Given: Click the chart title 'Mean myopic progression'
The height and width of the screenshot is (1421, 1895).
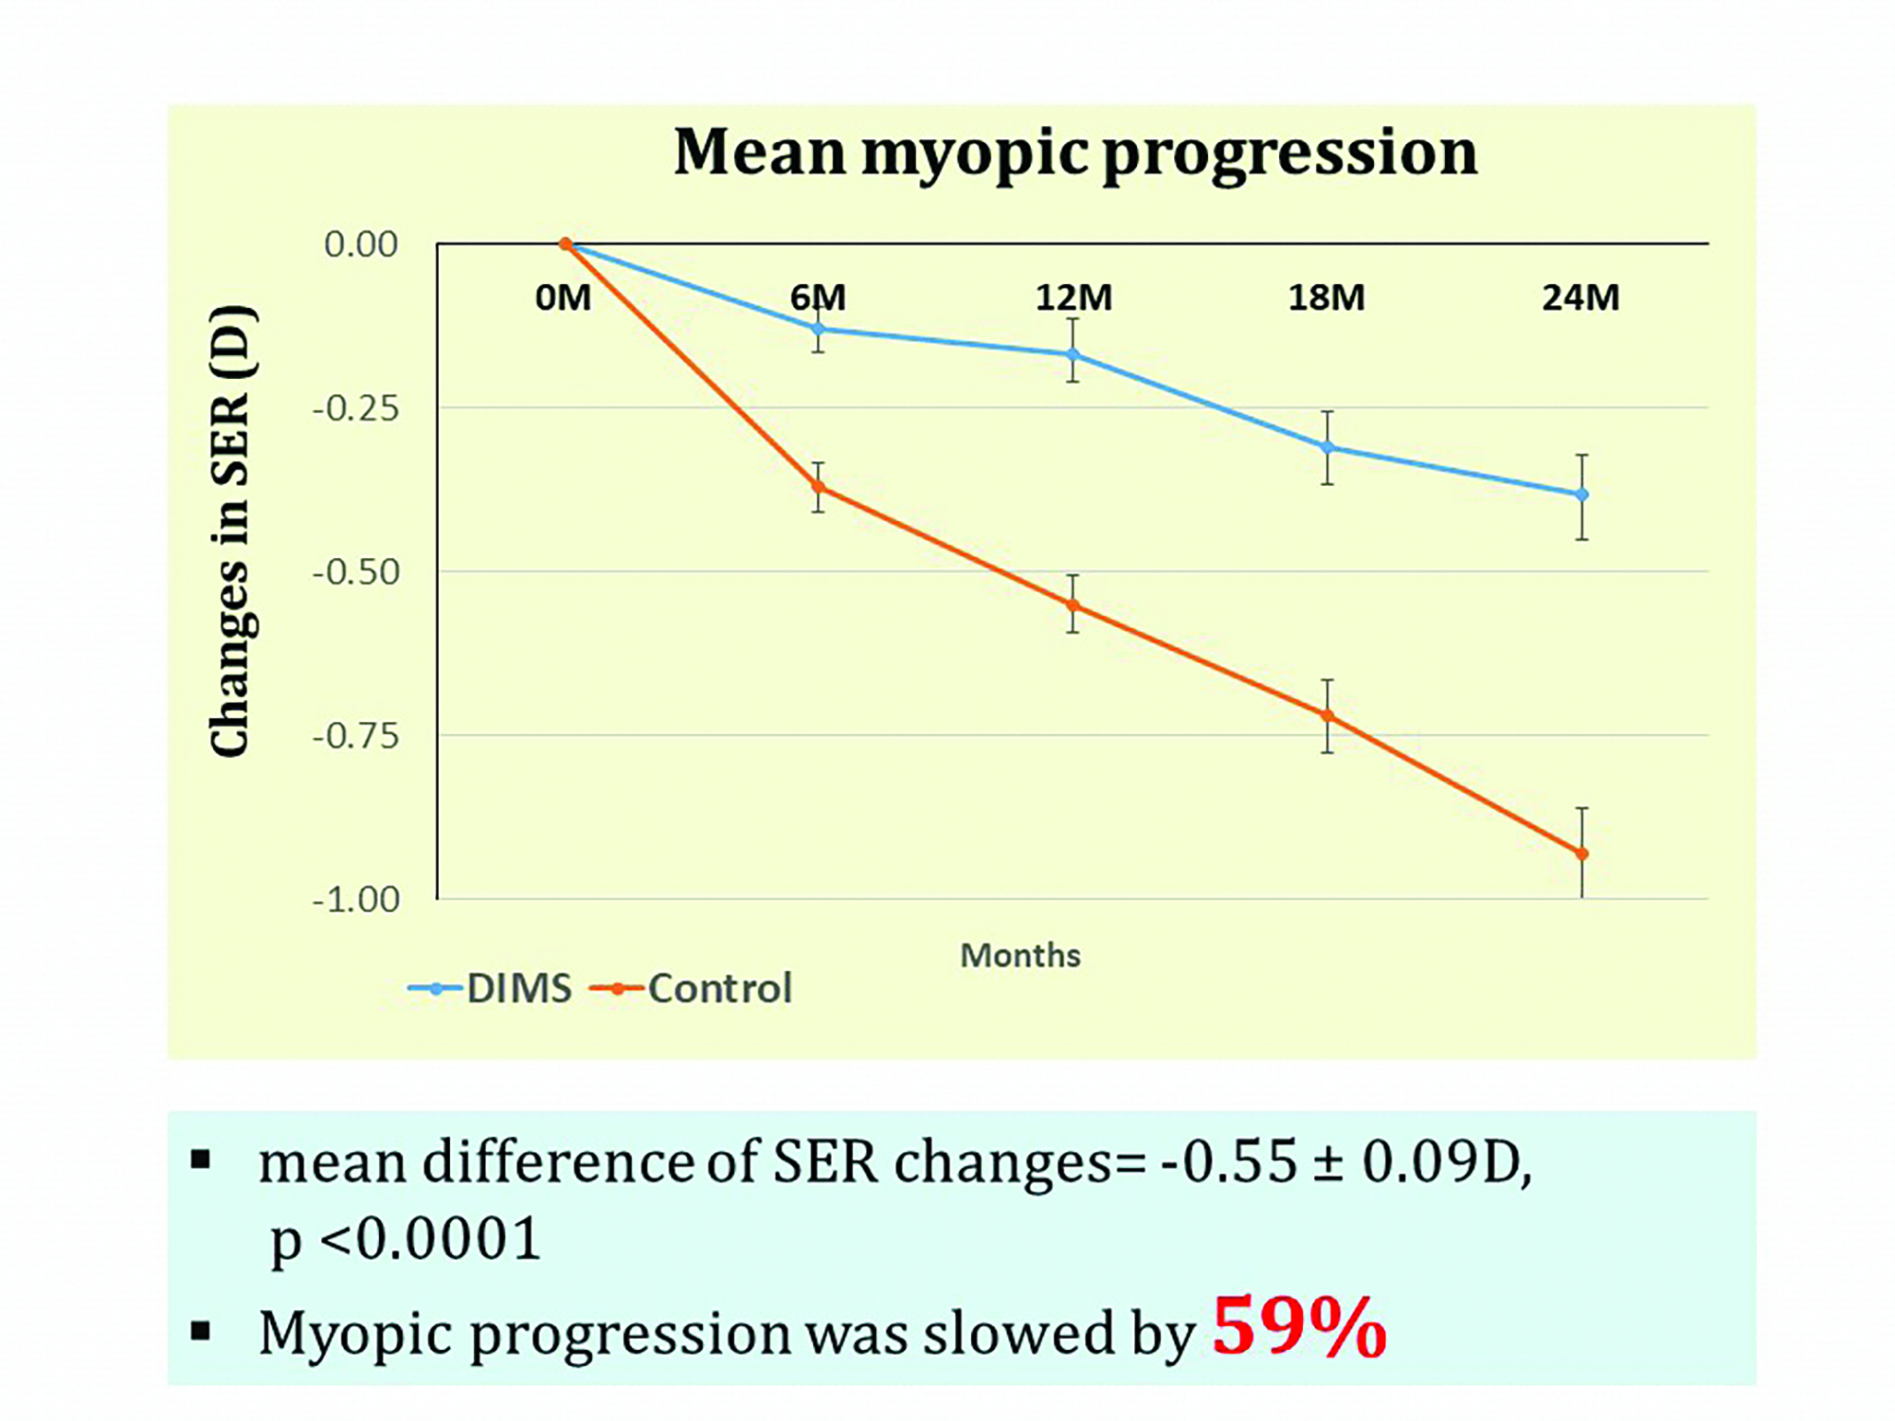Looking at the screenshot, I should click(1074, 153).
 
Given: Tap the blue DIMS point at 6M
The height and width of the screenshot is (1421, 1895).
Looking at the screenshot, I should click(818, 329).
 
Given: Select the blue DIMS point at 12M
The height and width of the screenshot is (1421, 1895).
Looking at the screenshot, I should click(1073, 354).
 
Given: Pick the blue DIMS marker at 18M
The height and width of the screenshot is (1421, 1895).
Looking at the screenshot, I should click(1327, 447).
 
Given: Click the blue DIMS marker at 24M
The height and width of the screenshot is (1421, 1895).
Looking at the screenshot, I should click(1581, 495).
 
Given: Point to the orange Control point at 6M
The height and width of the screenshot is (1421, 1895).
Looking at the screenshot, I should click(818, 487).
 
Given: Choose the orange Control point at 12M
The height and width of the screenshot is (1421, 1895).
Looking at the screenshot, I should click(1073, 604).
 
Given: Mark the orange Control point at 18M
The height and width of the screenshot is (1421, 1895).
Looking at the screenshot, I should click(1327, 715).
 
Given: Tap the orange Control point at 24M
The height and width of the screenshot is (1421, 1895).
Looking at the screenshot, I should click(1581, 854).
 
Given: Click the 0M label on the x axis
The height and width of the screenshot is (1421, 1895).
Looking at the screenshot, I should click(563, 297).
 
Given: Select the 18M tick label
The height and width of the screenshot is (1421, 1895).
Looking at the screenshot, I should click(1326, 297).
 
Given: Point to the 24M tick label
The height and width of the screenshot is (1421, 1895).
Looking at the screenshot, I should click(1580, 297).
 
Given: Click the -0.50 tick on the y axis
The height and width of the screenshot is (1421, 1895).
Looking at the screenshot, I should click(356, 572).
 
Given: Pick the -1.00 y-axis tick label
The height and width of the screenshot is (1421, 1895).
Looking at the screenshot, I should click(356, 899).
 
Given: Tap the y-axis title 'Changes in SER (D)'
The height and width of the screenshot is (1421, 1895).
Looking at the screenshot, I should click(230, 531).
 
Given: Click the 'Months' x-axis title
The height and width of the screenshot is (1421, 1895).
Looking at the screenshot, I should click(1020, 956).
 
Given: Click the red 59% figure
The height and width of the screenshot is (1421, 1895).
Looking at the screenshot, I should click(1299, 1327).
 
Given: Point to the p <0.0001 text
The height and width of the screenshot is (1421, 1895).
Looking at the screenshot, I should click(406, 1239).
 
